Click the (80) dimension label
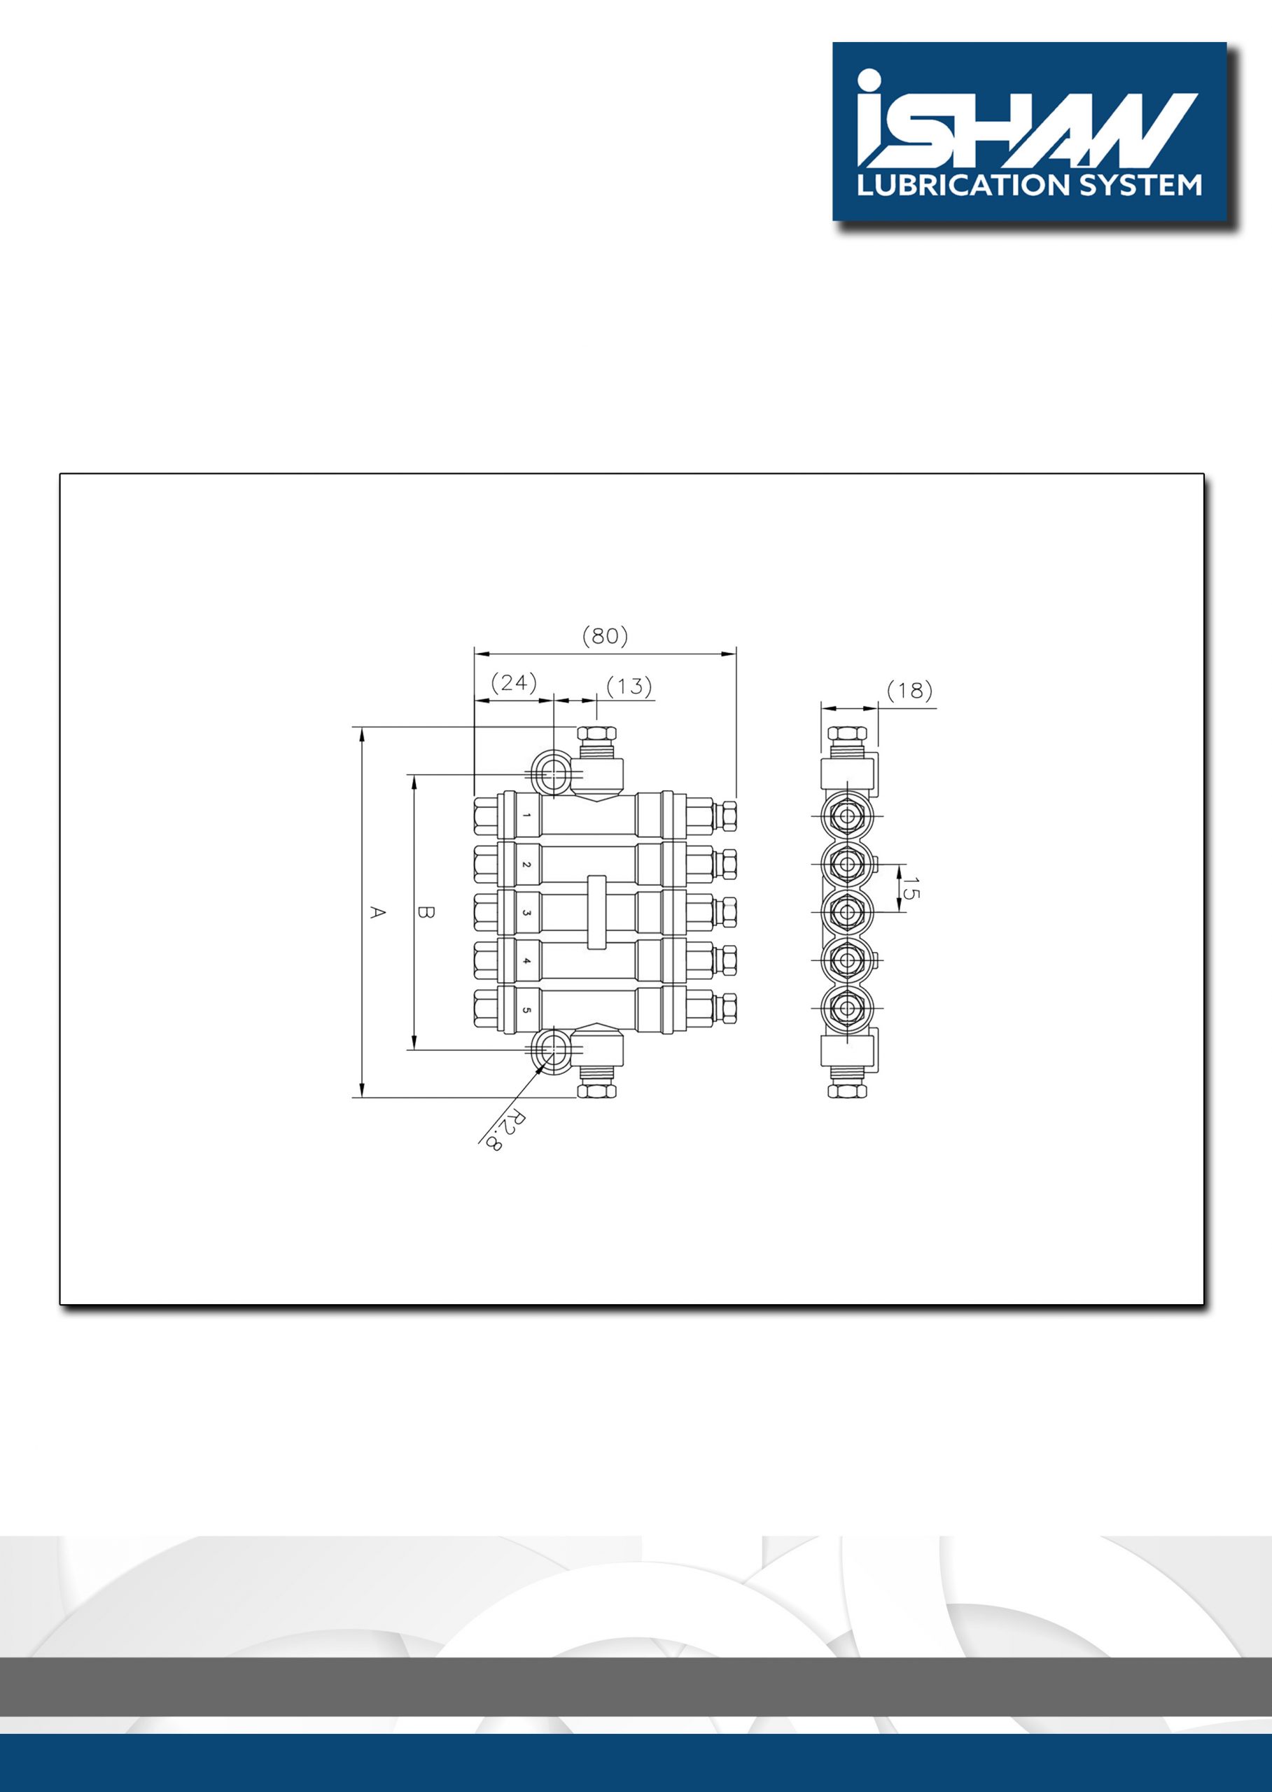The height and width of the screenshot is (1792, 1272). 605,636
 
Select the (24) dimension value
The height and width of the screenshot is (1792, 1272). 514,683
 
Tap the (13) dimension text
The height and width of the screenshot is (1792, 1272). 629,686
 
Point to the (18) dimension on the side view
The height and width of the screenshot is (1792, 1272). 910,690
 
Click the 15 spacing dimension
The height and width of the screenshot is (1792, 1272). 911,888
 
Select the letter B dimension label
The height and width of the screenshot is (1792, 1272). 426,912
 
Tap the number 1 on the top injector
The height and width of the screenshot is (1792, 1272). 527,815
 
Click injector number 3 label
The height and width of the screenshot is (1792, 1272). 527,912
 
